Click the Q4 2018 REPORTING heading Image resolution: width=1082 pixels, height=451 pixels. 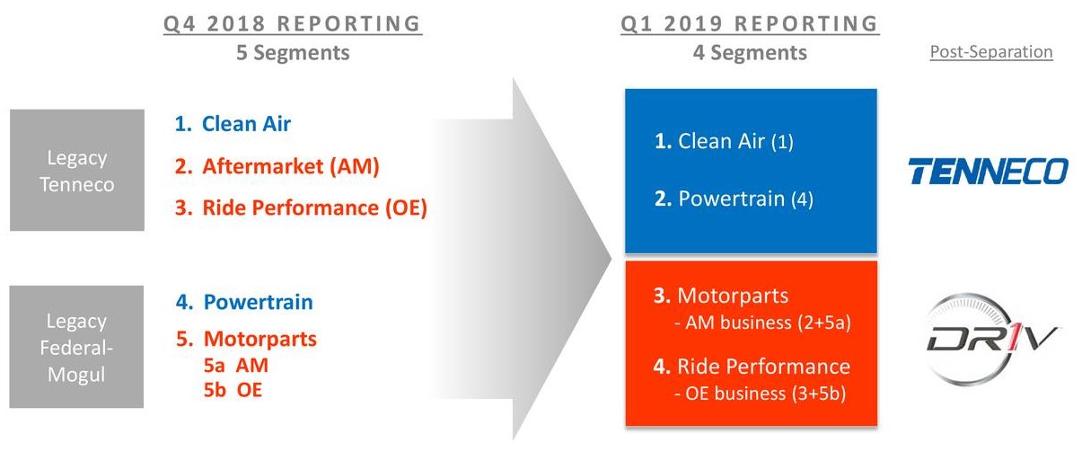pos(293,24)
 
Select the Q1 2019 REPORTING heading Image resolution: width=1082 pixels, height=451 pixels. pos(750,24)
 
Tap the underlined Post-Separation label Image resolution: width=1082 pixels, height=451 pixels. pos(991,52)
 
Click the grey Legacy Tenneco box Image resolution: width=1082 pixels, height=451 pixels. pos(77,170)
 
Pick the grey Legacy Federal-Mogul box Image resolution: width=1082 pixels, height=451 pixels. pos(76,347)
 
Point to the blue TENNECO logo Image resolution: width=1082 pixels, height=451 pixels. pos(989,171)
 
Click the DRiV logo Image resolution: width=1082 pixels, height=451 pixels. pos(990,339)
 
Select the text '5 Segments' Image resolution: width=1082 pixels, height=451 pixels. pos(293,52)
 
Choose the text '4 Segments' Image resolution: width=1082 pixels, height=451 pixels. pos(750,52)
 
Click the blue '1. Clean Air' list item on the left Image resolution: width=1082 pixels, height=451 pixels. pos(233,124)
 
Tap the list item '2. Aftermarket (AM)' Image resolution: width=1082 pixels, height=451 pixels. pos(277,166)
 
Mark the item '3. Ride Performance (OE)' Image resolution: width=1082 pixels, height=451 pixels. pos(301,208)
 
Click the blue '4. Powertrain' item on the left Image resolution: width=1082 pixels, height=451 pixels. pos(244,302)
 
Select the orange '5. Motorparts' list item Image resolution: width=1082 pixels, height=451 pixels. pos(246,339)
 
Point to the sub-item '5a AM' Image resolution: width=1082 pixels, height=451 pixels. pos(236,366)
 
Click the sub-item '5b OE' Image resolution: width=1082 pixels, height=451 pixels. pos(233,390)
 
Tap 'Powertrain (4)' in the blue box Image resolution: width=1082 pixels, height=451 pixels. pos(746,199)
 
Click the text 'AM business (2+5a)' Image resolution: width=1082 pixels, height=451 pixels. pos(768,323)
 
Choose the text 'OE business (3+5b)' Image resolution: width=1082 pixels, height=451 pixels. pos(766,394)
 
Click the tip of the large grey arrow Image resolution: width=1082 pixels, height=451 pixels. pos(611,259)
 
